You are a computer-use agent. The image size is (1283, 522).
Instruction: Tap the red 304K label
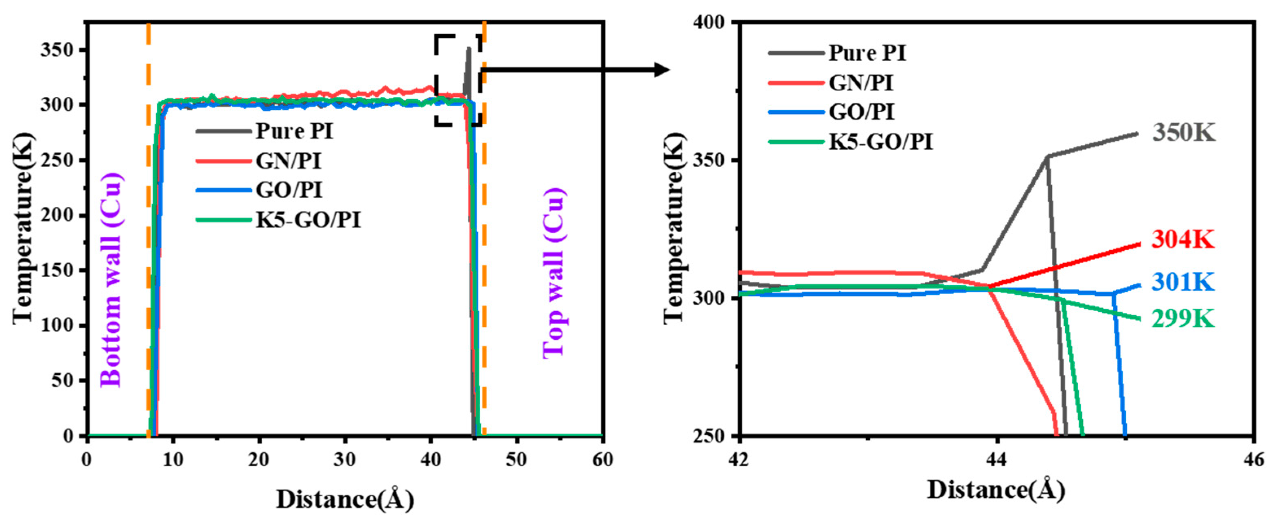pos(1183,240)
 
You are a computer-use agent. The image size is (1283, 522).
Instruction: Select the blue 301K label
pos(1183,282)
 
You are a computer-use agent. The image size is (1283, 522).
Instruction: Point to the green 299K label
pos(1183,319)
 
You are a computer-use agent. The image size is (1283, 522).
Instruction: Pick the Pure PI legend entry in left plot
pos(294,131)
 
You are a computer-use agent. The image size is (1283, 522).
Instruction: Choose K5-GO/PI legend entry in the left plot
pos(308,219)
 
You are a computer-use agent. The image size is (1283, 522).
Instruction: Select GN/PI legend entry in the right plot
pos(860,83)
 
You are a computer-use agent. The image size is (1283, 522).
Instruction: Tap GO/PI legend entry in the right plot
pos(862,112)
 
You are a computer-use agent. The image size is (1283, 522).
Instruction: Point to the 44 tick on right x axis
pos(996,459)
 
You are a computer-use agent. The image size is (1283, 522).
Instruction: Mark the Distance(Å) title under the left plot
pos(345,499)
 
